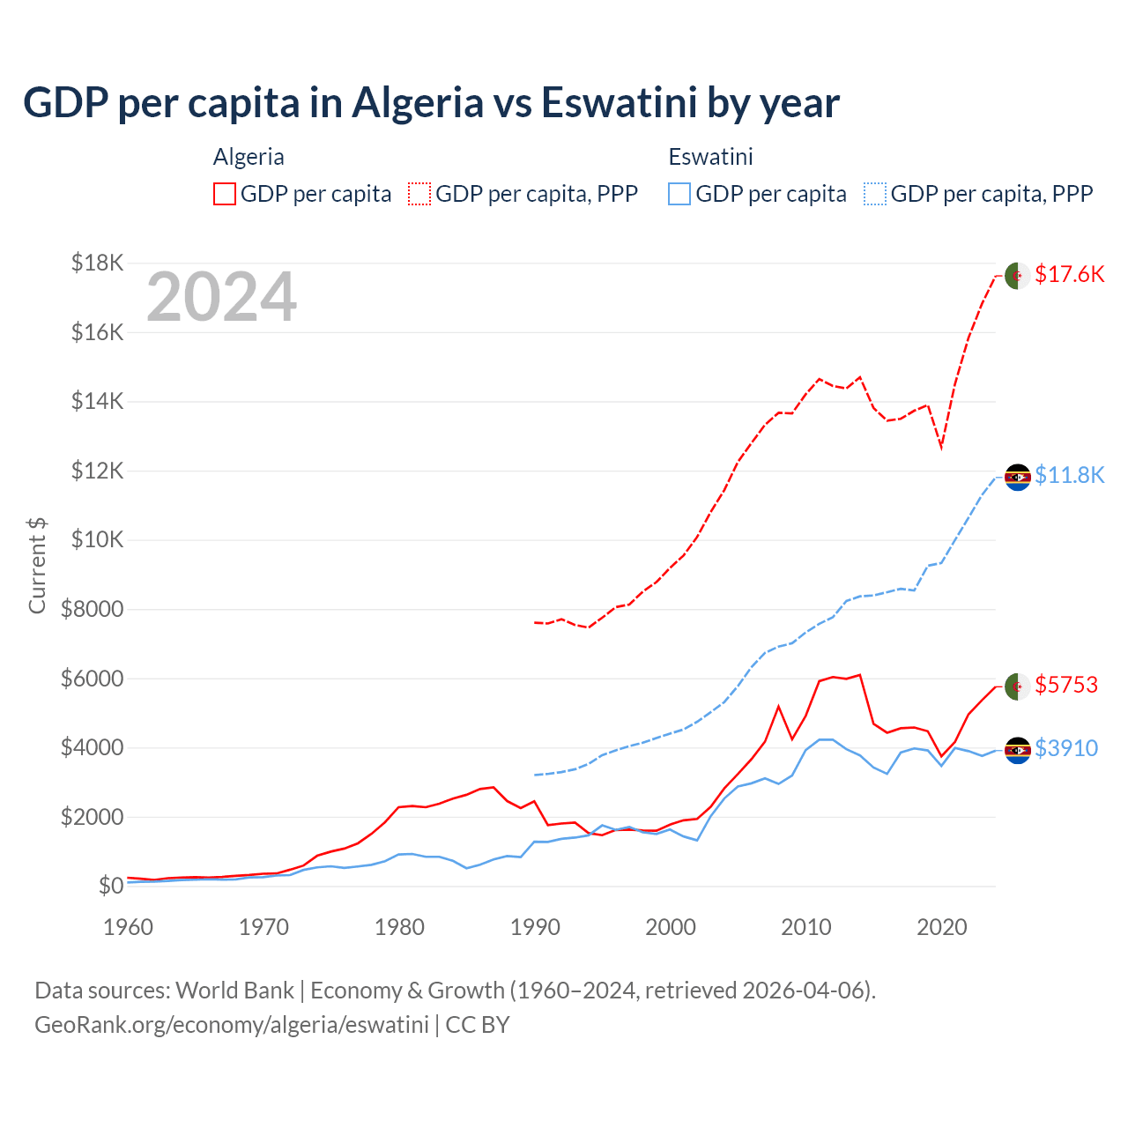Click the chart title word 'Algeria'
click(418, 103)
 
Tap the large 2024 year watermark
click(221, 297)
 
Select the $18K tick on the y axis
click(98, 263)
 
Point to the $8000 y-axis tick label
click(92, 609)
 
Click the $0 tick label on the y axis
click(110, 886)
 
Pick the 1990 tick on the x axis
click(535, 927)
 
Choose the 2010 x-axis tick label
click(806, 927)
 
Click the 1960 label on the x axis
click(129, 927)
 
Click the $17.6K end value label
click(1069, 274)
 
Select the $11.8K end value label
click(1069, 475)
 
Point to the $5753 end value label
click(1066, 685)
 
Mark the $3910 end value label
click(1066, 748)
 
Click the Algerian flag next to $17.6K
click(1018, 275)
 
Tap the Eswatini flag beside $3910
click(1018, 750)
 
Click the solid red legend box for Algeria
click(225, 194)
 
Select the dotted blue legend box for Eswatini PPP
click(875, 194)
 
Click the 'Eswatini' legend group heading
click(710, 157)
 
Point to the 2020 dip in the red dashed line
click(941, 447)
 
